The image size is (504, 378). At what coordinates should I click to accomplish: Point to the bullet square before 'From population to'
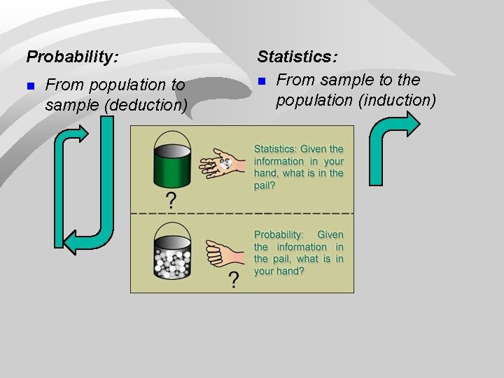pos(30,86)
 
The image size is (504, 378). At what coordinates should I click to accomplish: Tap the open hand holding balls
pos(222,163)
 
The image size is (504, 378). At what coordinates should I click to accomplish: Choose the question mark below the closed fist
pos(233,280)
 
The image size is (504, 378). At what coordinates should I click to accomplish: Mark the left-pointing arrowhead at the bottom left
pos(73,241)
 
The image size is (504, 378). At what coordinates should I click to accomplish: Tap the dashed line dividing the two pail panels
pos(241,212)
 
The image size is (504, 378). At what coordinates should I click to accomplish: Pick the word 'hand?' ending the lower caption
pos(289,271)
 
